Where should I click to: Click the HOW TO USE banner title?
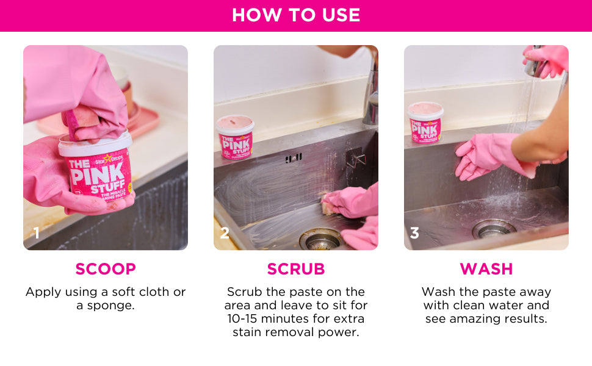click(x=296, y=15)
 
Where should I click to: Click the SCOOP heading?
click(x=106, y=269)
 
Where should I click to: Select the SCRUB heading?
click(x=296, y=269)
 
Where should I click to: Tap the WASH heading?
click(x=486, y=269)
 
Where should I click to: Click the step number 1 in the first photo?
click(x=36, y=233)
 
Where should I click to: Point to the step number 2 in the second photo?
click(x=225, y=233)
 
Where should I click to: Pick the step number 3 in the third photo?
click(x=414, y=233)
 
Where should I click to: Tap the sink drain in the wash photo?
click(x=494, y=229)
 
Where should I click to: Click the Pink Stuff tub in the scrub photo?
click(x=235, y=137)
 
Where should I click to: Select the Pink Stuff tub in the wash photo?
click(x=425, y=123)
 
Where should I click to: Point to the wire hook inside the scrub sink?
click(x=356, y=158)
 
